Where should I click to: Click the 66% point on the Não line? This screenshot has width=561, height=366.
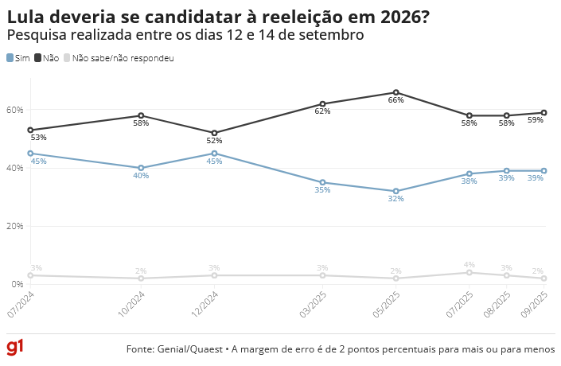tap(396, 92)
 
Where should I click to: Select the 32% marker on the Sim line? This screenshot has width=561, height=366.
tap(396, 191)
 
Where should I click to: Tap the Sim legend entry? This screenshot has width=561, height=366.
tap(18, 58)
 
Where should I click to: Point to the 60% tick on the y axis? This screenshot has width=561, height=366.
tap(15, 110)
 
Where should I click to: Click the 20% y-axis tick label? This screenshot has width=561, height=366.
tap(15, 226)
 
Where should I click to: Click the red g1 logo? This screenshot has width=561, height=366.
tap(15, 348)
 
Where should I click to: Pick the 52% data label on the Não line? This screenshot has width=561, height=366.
tap(215, 141)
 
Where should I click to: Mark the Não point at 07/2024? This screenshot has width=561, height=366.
tap(30, 130)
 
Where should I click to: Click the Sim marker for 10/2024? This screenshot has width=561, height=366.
tap(141, 168)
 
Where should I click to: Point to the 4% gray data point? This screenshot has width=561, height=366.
tap(469, 272)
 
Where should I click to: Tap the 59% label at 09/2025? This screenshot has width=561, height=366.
tap(536, 120)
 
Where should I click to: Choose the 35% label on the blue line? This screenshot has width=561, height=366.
tap(322, 190)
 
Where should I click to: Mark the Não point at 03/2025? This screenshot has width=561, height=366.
tap(322, 104)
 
